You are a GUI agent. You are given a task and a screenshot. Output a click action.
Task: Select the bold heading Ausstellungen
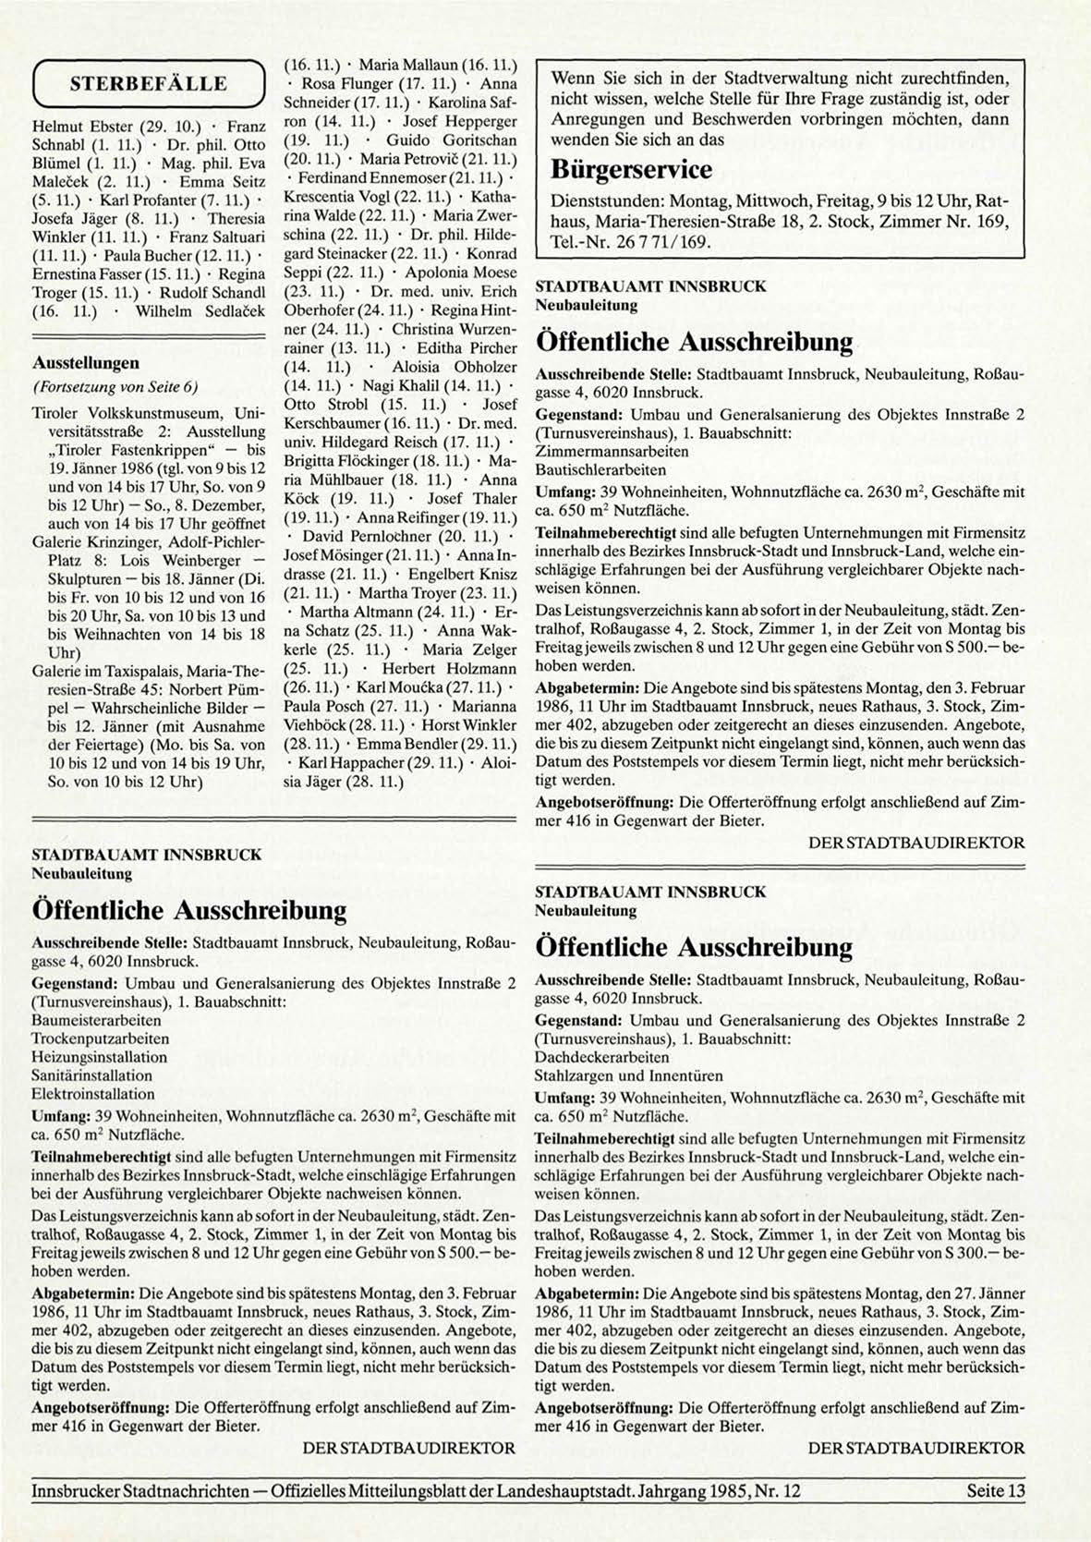point(85,363)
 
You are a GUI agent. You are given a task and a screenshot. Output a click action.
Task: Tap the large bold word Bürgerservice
point(631,169)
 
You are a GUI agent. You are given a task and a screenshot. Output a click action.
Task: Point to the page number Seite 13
point(996,1490)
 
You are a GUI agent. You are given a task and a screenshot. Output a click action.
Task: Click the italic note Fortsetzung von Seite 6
point(115,386)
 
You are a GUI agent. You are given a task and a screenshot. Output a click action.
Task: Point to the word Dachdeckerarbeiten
point(601,1057)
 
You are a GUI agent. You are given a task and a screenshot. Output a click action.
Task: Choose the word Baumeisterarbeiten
point(96,1020)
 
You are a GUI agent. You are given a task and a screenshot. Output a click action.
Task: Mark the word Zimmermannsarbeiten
point(612,452)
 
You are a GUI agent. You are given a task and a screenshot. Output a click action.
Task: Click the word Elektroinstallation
point(92,1094)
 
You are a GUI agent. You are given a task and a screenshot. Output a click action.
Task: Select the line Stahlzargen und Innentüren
point(628,1075)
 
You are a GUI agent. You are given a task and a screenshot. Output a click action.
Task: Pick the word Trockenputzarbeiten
point(100,1038)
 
